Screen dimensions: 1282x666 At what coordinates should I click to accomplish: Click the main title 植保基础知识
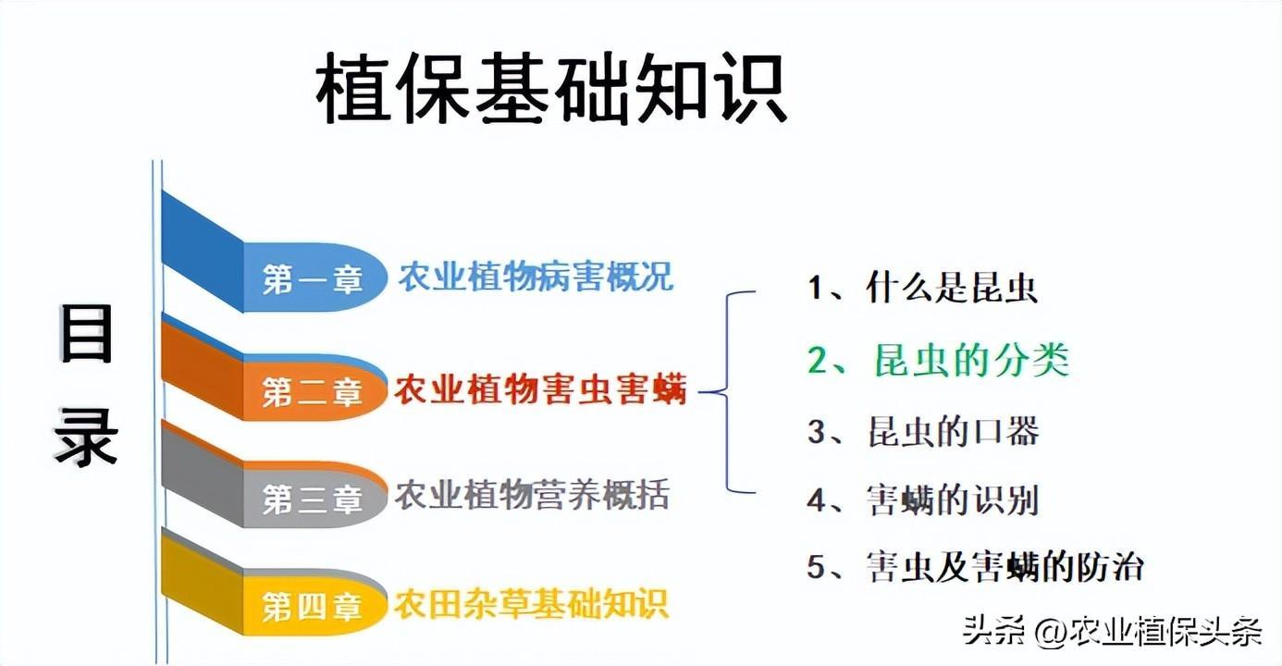pyautogui.click(x=551, y=88)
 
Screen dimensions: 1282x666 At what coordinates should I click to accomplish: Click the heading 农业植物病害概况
pyautogui.click(x=536, y=277)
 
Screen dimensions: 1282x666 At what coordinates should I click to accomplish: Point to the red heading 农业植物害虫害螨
pyautogui.click(x=540, y=389)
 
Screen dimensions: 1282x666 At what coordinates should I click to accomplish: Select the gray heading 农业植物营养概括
pyautogui.click(x=532, y=495)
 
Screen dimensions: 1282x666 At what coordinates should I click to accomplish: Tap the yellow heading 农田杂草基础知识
pyautogui.click(x=531, y=604)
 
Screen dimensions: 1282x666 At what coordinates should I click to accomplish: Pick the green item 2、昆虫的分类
pyautogui.click(x=938, y=361)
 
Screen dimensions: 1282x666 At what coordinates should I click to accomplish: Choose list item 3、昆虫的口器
pyautogui.click(x=923, y=431)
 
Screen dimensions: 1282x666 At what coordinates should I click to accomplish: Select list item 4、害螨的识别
pyautogui.click(x=923, y=500)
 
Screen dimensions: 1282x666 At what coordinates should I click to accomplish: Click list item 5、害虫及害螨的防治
pyautogui.click(x=975, y=567)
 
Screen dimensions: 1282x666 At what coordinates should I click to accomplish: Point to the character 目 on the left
pyautogui.click(x=86, y=334)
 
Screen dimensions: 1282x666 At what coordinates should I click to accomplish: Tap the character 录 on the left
pyautogui.click(x=86, y=438)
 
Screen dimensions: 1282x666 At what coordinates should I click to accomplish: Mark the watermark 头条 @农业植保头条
pyautogui.click(x=1112, y=633)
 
